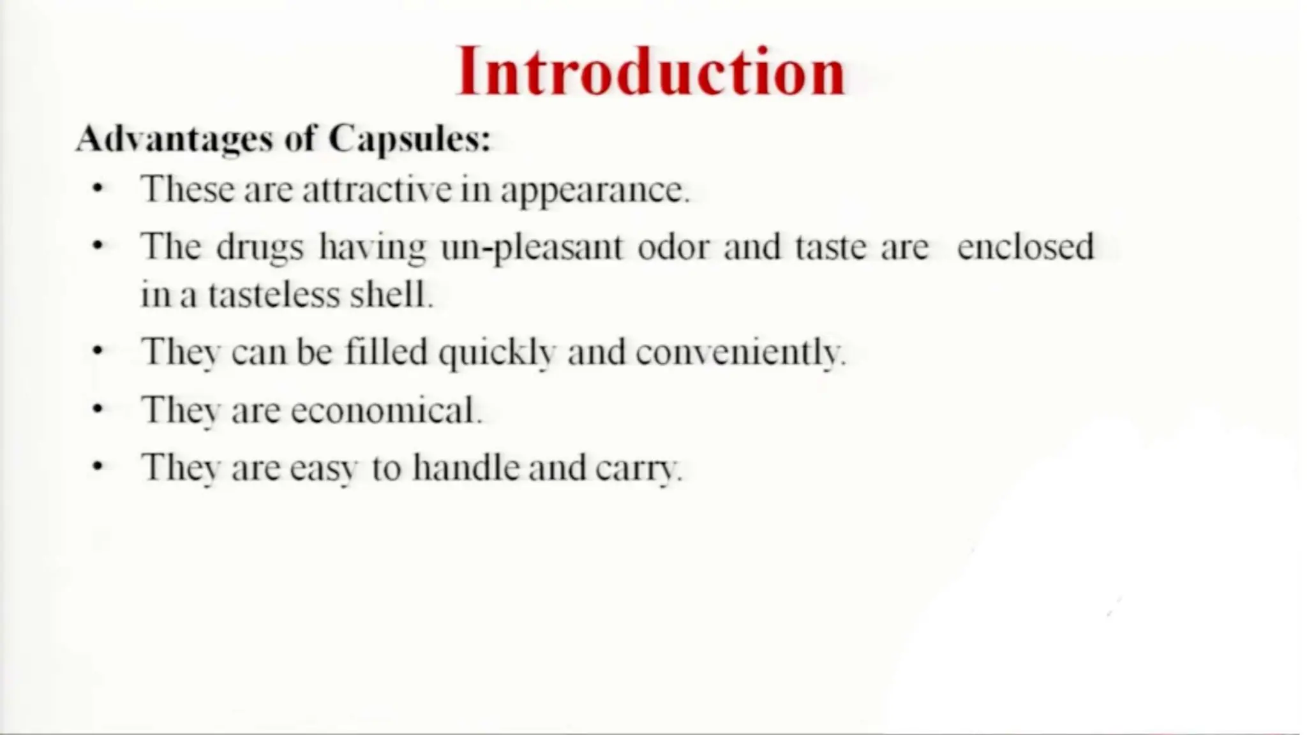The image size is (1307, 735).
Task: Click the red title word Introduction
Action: click(651, 71)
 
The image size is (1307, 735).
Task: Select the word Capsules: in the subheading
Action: click(410, 139)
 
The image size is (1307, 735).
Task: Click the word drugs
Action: click(260, 248)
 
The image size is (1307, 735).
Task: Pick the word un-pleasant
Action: click(531, 248)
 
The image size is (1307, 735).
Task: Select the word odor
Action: click(673, 247)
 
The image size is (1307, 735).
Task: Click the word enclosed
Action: click(1025, 247)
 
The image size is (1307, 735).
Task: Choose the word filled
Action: click(385, 352)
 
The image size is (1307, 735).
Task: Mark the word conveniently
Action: click(740, 352)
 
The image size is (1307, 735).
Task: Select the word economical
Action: click(385, 410)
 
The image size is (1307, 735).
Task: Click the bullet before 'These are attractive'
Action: click(97, 189)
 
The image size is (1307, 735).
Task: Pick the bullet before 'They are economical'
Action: click(97, 409)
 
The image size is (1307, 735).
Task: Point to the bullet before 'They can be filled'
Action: click(97, 351)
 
